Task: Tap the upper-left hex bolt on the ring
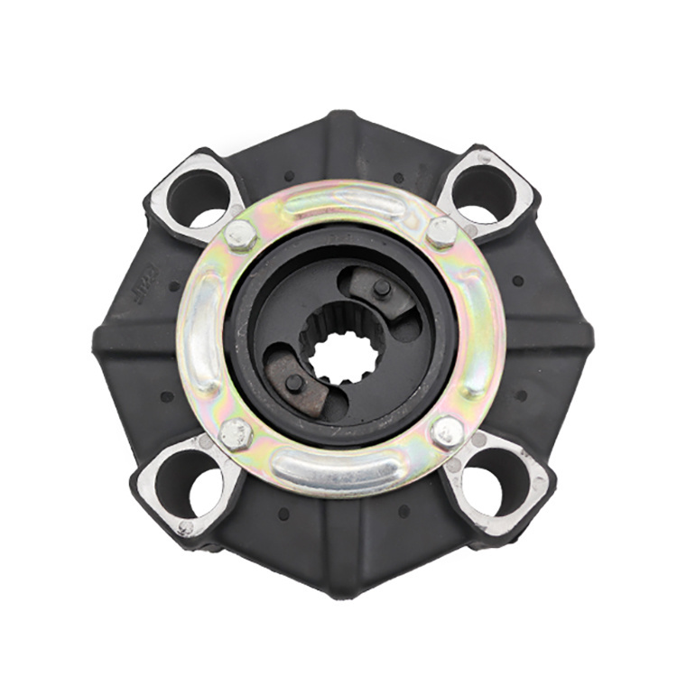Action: tap(240, 236)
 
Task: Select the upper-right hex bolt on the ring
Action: tap(441, 232)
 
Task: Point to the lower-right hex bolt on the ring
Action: tap(448, 432)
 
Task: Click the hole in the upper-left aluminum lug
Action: tap(197, 196)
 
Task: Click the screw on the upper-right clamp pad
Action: tap(382, 288)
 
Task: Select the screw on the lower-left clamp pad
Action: tap(293, 383)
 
